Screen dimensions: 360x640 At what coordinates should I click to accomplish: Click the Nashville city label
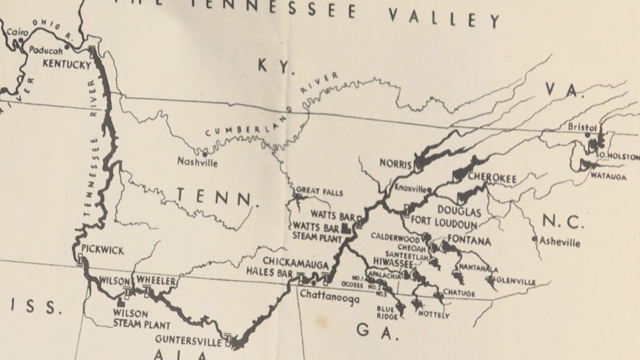click(197, 162)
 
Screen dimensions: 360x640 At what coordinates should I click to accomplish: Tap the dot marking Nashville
click(204, 154)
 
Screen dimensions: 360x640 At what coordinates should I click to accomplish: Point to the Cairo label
click(17, 33)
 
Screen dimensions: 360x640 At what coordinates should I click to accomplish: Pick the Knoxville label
click(411, 188)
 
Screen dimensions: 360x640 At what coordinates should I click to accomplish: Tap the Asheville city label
click(559, 242)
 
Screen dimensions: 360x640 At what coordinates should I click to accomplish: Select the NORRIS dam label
click(395, 164)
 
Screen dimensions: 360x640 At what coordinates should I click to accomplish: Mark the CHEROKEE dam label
click(492, 178)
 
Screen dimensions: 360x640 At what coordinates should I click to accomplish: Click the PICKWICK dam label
click(102, 250)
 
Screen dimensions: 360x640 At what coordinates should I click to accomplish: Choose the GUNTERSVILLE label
click(188, 339)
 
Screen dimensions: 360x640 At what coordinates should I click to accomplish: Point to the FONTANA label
click(469, 241)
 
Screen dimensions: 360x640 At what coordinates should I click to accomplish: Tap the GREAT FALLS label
click(319, 192)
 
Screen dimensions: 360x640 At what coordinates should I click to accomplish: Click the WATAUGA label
click(608, 177)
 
